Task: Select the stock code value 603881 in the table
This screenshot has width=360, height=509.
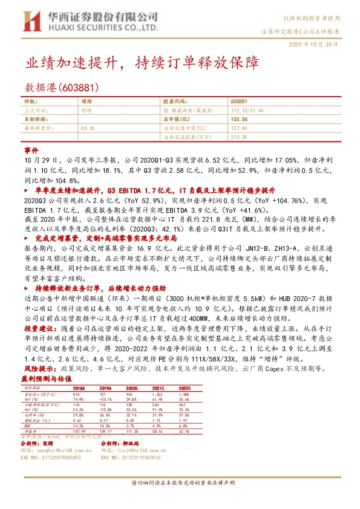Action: (239, 102)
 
